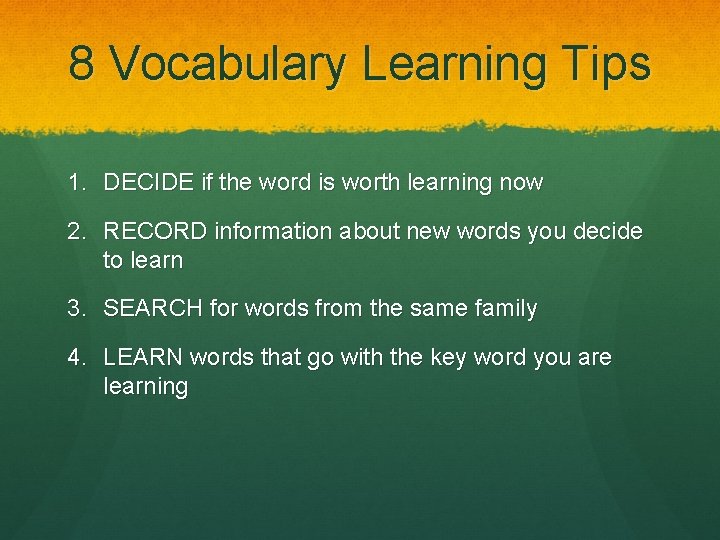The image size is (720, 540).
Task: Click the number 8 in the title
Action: (82, 64)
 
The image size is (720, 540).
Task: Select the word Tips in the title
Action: (606, 64)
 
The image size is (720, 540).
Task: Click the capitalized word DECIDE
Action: (146, 183)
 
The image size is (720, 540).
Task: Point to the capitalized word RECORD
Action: (154, 232)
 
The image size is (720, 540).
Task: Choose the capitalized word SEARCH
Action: (153, 308)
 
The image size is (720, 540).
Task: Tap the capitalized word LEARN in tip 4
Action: (143, 357)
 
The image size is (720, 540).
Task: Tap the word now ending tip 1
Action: (521, 183)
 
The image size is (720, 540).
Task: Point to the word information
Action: (272, 232)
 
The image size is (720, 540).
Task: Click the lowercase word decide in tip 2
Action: (607, 232)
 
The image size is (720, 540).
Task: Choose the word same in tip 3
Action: (436, 308)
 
